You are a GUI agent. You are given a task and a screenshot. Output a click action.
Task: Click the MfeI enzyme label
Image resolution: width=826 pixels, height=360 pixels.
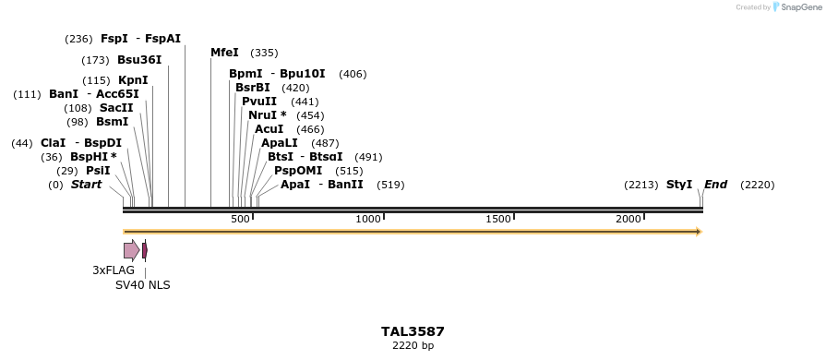(x=224, y=53)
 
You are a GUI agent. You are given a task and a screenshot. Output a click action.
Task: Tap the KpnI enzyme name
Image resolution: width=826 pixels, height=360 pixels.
(x=133, y=80)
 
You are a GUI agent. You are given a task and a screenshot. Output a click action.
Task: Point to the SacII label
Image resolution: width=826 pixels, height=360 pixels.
(x=116, y=108)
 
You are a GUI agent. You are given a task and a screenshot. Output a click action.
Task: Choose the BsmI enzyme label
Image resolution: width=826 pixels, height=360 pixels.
(x=113, y=122)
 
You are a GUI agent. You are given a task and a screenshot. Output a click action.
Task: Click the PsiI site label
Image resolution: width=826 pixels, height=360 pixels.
(x=98, y=171)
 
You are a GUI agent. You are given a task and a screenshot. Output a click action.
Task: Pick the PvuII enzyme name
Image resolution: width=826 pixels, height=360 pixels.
(x=259, y=102)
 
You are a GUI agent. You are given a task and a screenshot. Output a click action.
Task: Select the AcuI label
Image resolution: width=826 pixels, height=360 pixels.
(x=269, y=129)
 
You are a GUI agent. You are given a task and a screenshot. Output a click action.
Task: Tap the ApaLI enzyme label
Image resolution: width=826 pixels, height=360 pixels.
(x=280, y=143)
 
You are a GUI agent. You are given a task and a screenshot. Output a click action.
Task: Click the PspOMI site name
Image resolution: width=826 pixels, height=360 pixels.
(x=298, y=171)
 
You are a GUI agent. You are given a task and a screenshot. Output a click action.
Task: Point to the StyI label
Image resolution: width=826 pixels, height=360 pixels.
(x=679, y=185)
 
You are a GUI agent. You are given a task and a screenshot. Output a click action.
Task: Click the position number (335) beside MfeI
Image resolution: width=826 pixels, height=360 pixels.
(x=264, y=54)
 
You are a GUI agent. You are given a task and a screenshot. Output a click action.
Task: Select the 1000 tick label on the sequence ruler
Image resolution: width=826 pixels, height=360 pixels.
(x=369, y=219)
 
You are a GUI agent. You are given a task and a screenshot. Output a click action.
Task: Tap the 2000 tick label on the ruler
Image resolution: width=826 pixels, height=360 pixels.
(x=628, y=219)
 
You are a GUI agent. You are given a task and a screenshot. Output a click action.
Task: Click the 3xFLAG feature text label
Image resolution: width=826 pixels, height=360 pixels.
(x=114, y=270)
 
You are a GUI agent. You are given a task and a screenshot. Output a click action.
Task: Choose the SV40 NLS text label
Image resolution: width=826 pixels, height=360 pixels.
(x=143, y=285)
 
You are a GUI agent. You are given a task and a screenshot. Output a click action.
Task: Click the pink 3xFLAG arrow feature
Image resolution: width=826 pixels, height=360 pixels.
(x=131, y=250)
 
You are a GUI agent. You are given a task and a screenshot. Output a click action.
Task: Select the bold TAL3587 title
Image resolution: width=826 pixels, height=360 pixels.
(x=413, y=331)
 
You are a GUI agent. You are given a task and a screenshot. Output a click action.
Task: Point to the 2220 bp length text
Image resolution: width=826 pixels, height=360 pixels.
(x=413, y=346)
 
